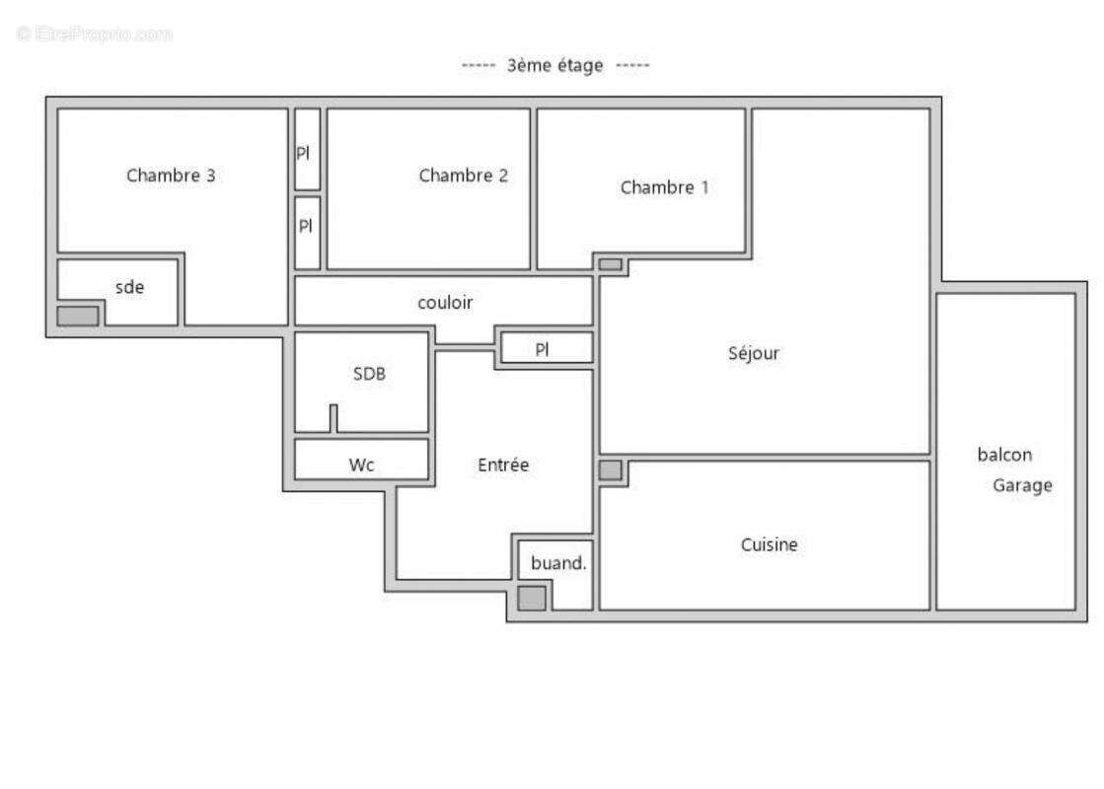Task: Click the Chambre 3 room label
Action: pyautogui.click(x=171, y=177)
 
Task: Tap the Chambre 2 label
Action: pyautogui.click(x=463, y=176)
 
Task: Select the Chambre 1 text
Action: pyautogui.click(x=664, y=187)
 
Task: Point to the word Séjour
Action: pyautogui.click(x=754, y=353)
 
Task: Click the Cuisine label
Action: pyautogui.click(x=769, y=544)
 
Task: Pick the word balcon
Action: pyautogui.click(x=1004, y=455)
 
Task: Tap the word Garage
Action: pyautogui.click(x=1022, y=485)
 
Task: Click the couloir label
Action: pyautogui.click(x=444, y=303)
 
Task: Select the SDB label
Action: pyautogui.click(x=369, y=374)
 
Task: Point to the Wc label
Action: pyautogui.click(x=361, y=465)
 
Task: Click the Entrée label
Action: pyautogui.click(x=503, y=465)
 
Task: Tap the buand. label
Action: pyautogui.click(x=558, y=564)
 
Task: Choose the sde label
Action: pyautogui.click(x=129, y=287)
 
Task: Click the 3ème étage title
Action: pyautogui.click(x=554, y=66)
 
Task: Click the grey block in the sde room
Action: pyautogui.click(x=77, y=316)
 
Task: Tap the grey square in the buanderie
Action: pyautogui.click(x=532, y=598)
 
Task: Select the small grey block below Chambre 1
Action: pyautogui.click(x=611, y=264)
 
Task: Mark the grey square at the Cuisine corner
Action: pyautogui.click(x=611, y=470)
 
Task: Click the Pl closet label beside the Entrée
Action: pyautogui.click(x=542, y=349)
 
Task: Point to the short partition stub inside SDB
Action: pyautogui.click(x=333, y=418)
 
